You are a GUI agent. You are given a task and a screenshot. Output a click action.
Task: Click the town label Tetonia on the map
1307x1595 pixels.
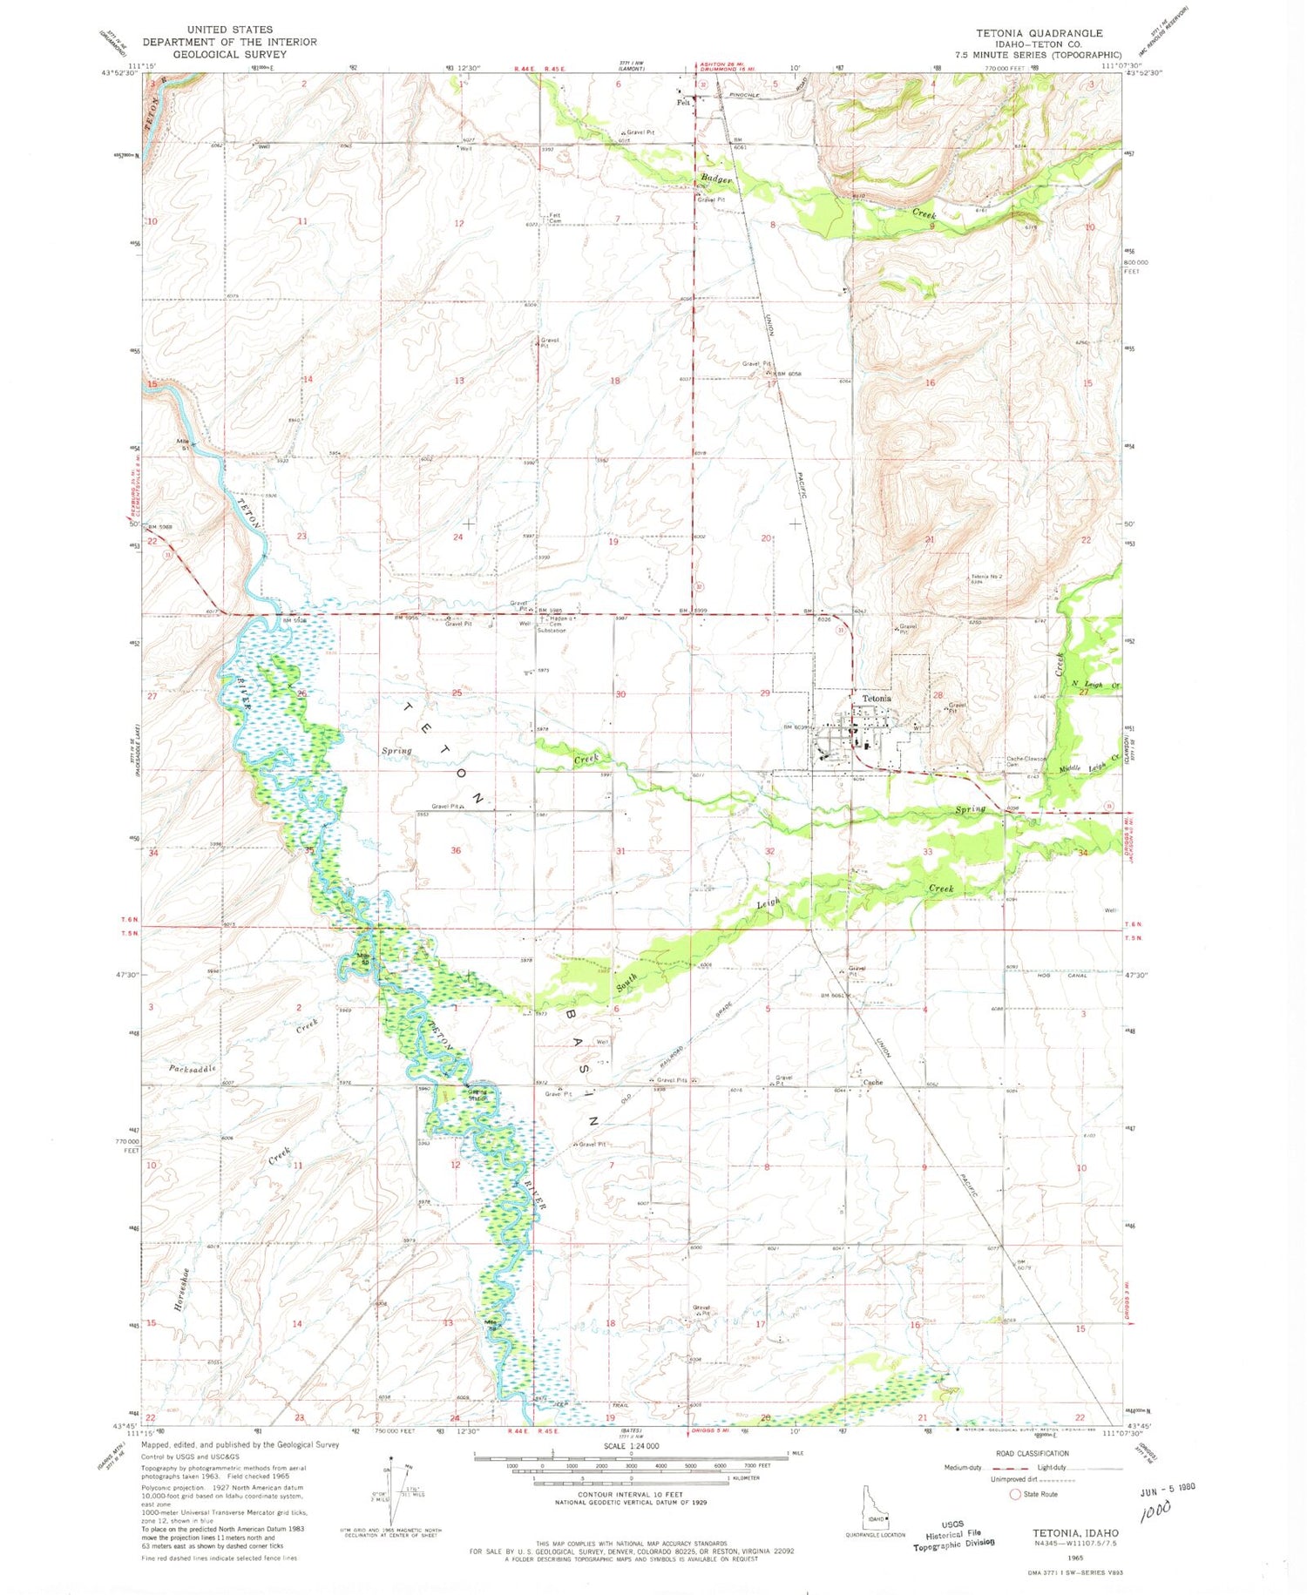[877, 699]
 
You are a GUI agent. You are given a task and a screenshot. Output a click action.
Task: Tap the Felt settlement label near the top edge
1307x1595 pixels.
[684, 102]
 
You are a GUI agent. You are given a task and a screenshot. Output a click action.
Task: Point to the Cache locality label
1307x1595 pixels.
[872, 1083]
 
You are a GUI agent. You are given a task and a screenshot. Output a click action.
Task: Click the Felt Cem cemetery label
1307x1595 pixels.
[552, 219]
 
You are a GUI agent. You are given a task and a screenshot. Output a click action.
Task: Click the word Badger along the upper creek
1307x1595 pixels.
[714, 179]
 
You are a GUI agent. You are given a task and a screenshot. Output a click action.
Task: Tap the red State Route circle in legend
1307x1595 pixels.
[1014, 1494]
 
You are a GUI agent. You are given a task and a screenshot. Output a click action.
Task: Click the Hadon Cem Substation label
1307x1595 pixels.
[558, 624]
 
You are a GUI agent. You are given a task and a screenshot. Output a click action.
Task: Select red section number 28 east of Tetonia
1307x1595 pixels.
[938, 694]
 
